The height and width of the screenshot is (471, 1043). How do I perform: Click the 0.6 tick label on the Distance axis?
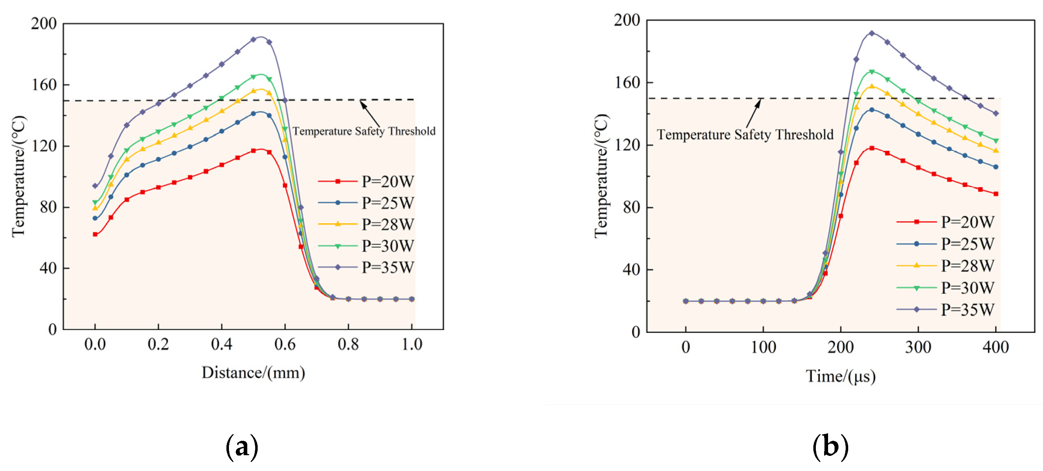click(285, 345)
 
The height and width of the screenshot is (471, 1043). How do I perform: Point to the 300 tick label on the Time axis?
click(918, 347)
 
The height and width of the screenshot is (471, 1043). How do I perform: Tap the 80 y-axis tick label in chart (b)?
click(631, 207)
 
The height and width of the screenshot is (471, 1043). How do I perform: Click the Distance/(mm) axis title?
click(253, 372)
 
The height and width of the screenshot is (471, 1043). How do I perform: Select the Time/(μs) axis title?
click(841, 376)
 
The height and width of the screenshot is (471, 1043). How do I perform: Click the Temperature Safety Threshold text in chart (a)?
click(364, 131)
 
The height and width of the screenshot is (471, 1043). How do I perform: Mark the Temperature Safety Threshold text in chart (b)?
click(745, 134)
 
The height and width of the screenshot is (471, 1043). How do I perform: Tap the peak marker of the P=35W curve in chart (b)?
click(872, 33)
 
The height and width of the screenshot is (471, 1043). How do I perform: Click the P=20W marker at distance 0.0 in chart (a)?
click(95, 234)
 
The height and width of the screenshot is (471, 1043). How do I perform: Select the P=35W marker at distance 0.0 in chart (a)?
click(95, 186)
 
